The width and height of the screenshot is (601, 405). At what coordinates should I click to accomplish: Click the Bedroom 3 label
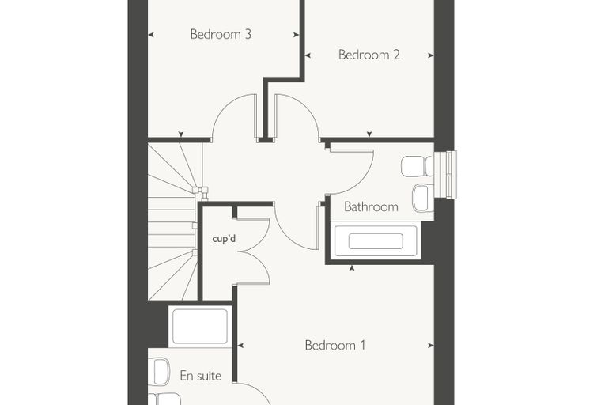tap(221, 34)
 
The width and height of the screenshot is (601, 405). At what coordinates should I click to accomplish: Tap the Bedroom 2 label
tap(369, 55)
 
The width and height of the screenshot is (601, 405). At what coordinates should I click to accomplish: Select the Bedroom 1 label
tap(335, 345)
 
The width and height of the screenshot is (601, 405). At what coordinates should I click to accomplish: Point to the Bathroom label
tap(371, 206)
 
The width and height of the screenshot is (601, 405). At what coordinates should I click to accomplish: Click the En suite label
tap(200, 376)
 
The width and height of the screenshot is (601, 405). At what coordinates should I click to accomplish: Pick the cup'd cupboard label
tap(224, 239)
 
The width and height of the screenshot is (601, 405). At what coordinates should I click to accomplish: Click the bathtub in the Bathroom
tap(376, 240)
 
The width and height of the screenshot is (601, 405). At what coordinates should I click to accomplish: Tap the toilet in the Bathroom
tap(418, 166)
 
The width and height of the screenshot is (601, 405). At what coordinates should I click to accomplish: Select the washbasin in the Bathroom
tap(423, 198)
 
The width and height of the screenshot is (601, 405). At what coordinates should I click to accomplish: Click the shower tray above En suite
tap(200, 327)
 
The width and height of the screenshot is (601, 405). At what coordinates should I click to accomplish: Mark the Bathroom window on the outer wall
tap(445, 175)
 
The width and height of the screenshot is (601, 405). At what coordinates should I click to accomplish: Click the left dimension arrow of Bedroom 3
tap(151, 35)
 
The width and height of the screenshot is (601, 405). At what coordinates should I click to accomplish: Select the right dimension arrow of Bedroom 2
tap(431, 55)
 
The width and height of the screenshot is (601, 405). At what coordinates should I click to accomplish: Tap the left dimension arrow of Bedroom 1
tap(240, 346)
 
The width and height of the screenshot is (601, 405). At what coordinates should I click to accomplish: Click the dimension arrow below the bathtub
tap(352, 268)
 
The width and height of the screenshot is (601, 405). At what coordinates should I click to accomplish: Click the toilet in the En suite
tap(159, 371)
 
